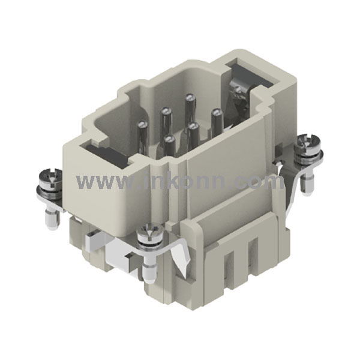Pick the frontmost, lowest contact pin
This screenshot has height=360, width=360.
tap(169, 146)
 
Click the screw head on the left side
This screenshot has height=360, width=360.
tap(47, 178)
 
